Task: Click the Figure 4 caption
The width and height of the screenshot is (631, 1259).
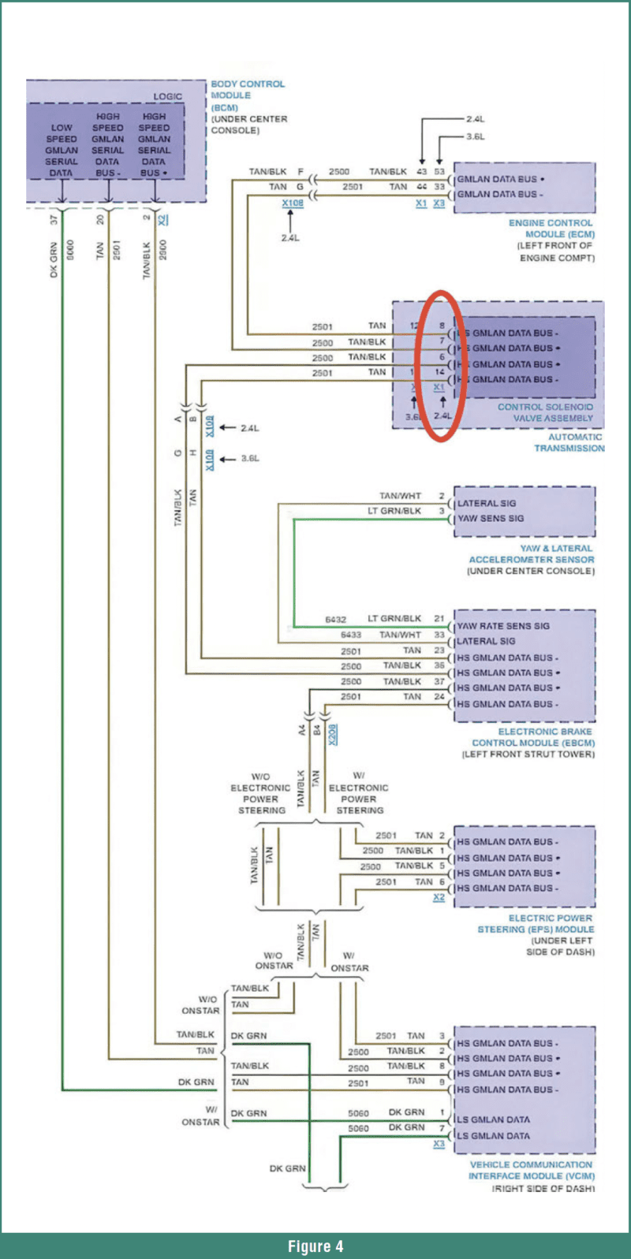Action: point(315,1246)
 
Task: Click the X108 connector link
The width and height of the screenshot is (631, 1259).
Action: point(293,203)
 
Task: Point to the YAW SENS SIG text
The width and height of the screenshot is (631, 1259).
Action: point(490,519)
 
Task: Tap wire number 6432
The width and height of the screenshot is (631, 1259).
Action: point(335,620)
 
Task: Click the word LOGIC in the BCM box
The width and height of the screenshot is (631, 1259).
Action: point(167,96)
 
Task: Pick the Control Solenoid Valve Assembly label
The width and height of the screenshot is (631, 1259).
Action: point(545,412)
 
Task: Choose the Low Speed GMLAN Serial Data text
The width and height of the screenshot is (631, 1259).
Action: point(61,150)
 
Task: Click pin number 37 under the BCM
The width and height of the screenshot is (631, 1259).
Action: point(54,219)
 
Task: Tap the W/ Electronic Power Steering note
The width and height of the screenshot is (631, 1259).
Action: point(359,792)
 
